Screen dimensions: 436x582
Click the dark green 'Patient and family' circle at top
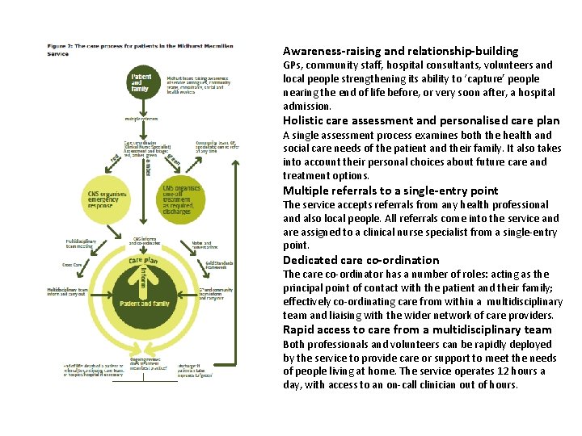141,83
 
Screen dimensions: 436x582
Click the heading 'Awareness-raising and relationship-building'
400,51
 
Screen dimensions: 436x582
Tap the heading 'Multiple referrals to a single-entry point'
390,191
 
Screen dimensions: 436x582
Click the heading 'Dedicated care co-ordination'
361,260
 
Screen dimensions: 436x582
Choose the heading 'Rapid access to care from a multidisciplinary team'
417,329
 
